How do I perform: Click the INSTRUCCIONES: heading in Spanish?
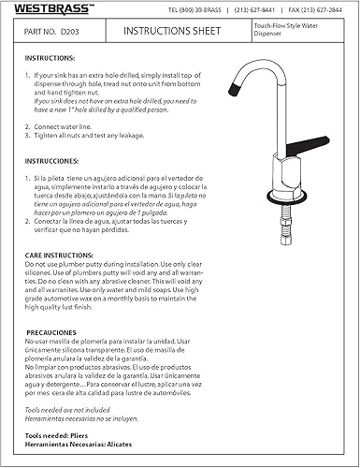tap(52, 161)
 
